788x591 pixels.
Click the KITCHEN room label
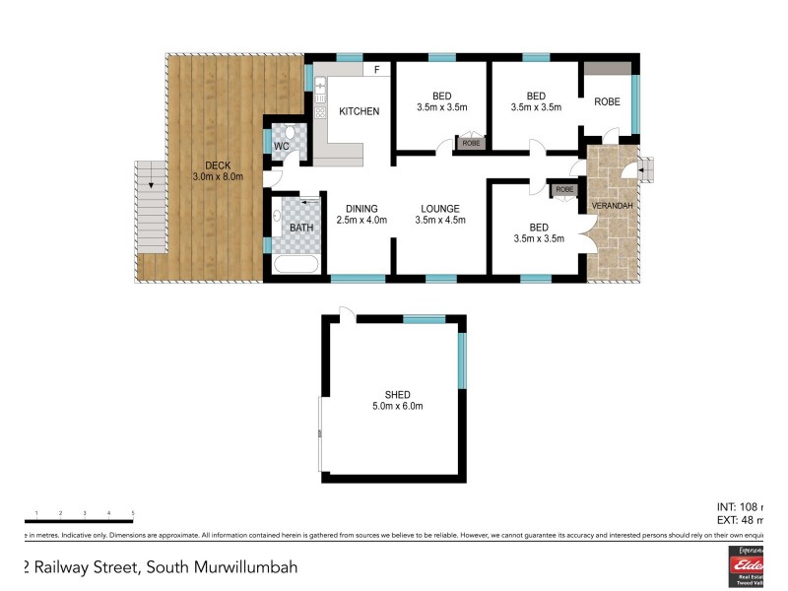[359, 111]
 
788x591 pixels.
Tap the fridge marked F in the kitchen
[377, 70]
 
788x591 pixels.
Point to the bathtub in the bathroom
[295, 264]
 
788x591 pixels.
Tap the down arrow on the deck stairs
[150, 183]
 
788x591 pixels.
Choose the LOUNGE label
[440, 208]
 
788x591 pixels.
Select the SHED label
[397, 394]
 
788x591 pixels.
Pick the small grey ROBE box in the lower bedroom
[564, 189]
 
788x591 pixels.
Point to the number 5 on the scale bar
[132, 513]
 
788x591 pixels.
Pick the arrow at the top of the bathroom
[310, 202]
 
